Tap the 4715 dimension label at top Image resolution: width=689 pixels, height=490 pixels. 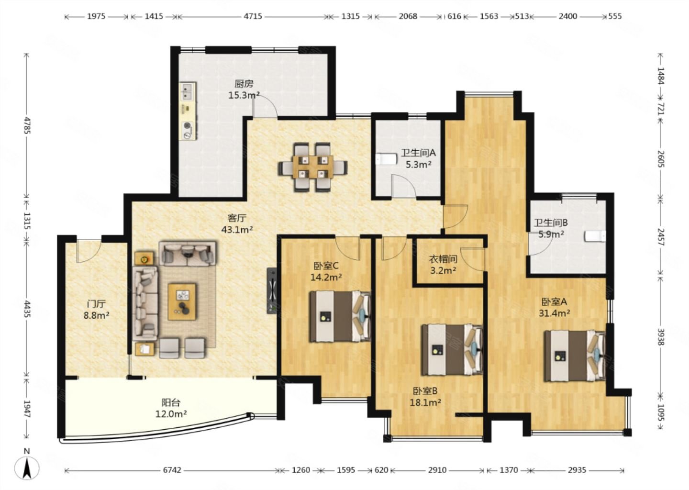[253, 16]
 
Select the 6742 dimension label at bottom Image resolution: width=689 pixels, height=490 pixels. [172, 470]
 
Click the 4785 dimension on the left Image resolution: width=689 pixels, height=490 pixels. [26, 125]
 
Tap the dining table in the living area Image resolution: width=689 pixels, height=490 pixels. [313, 167]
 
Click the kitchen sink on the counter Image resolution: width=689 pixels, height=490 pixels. [188, 91]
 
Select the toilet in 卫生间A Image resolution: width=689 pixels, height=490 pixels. [386, 159]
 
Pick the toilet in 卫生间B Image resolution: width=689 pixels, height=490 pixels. [595, 236]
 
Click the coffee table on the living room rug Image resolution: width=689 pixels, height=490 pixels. [182, 302]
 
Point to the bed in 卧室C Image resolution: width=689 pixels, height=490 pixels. [340, 316]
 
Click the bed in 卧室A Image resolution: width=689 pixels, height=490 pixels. [575, 356]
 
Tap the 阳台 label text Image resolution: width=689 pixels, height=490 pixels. [171, 402]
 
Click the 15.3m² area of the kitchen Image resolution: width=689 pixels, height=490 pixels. [244, 95]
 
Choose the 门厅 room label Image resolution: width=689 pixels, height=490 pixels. [96, 304]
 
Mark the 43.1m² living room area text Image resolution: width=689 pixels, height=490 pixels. [237, 230]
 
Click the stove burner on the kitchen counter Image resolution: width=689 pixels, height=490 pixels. [188, 125]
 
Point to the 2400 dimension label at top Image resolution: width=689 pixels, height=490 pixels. [568, 16]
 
